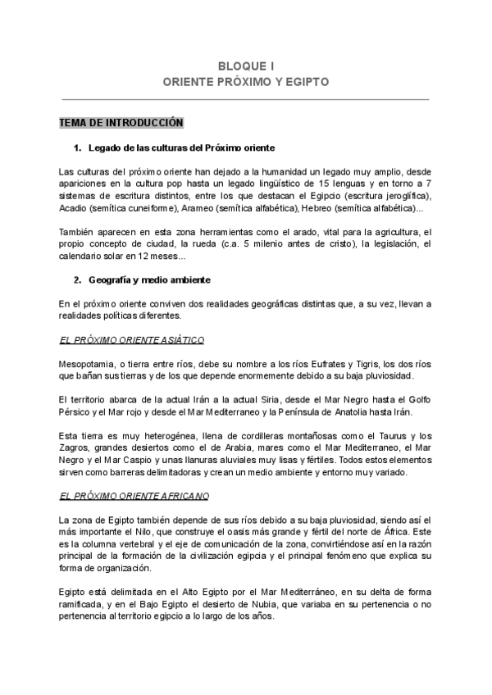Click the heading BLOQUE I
coord(245,66)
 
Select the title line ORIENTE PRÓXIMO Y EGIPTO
coord(245,83)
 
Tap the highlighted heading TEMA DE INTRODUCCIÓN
coord(121,123)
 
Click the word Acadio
coord(73,209)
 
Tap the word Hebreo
coord(321,209)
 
